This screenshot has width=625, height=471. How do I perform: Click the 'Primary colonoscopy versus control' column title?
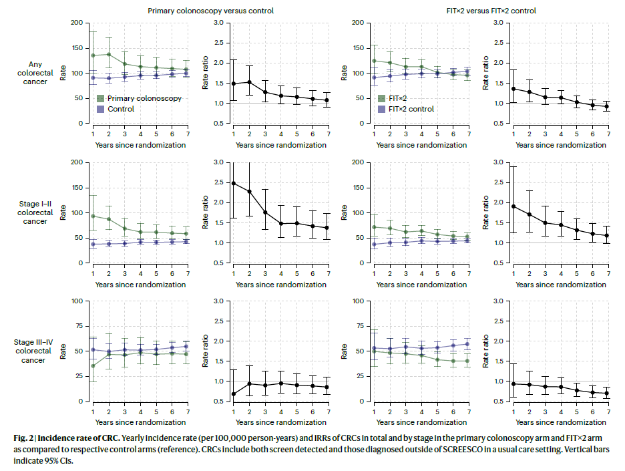(x=210, y=11)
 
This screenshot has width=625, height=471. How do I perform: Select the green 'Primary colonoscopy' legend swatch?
(x=100, y=98)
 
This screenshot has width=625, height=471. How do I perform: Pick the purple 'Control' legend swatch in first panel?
(x=100, y=109)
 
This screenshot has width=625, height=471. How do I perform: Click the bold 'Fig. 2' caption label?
(x=28, y=437)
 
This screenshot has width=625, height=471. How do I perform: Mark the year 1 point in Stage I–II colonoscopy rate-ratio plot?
(x=234, y=183)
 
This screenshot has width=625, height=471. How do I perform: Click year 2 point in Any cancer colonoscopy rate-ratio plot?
(x=249, y=82)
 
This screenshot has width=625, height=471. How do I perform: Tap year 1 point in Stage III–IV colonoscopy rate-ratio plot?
(x=234, y=394)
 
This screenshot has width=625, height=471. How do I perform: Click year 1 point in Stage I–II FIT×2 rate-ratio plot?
(x=513, y=206)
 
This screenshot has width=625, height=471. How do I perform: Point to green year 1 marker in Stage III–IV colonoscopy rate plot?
(x=93, y=365)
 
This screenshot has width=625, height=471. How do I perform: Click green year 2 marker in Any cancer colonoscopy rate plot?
(x=108, y=54)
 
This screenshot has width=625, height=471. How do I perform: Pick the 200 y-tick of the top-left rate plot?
(x=79, y=23)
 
